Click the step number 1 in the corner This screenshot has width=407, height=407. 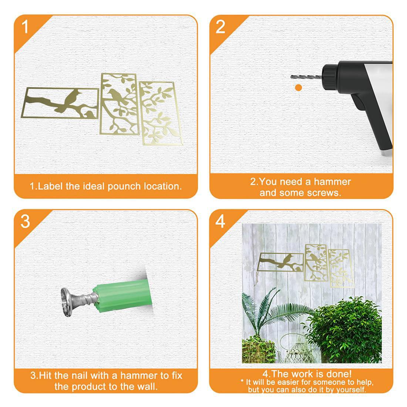click(25, 27)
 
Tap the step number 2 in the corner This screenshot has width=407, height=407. click(221, 27)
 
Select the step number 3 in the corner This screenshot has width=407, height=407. click(25, 221)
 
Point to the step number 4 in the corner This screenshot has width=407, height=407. click(220, 221)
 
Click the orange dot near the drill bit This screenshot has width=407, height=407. click(299, 87)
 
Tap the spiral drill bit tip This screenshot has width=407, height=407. click(292, 76)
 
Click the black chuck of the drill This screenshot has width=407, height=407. click(330, 77)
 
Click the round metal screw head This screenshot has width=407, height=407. click(67, 302)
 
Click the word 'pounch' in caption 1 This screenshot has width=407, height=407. click(124, 186)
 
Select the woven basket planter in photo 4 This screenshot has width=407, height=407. click(258, 350)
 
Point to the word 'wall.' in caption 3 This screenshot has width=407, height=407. click(147, 387)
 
